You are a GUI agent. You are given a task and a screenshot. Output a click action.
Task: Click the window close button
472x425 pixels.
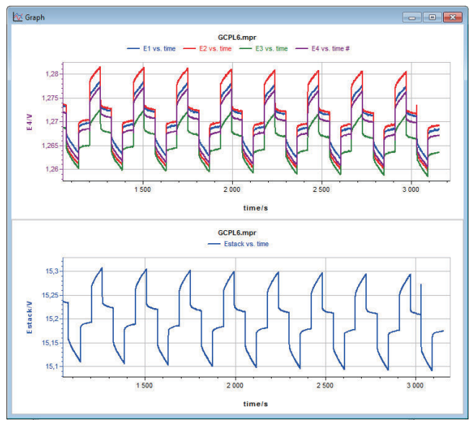click(452, 17)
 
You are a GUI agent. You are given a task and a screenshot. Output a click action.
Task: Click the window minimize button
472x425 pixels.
click(413, 17)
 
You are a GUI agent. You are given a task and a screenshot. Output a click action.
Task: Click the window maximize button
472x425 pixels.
click(432, 17)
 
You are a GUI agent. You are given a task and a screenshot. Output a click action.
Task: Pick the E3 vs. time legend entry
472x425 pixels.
click(266, 48)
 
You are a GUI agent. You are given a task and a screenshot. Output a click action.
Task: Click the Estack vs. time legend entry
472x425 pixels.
click(241, 245)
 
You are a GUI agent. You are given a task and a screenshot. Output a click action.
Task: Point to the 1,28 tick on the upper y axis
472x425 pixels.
click(51, 74)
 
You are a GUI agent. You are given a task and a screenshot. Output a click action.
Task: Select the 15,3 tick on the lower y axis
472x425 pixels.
click(52, 271)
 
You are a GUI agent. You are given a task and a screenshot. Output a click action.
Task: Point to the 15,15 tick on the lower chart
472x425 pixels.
click(50, 343)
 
